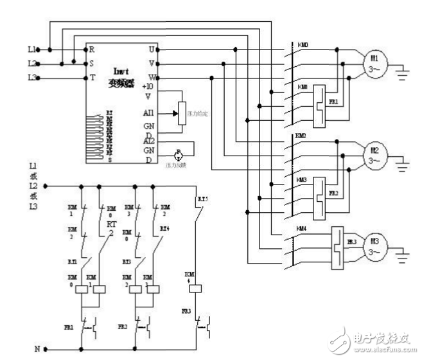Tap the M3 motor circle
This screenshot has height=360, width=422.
point(374,246)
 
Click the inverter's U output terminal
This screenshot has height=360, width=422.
point(152,49)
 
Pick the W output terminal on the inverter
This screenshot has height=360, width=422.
point(152,77)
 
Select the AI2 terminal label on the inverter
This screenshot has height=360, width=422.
point(149,139)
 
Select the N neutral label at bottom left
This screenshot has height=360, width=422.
point(37,349)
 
